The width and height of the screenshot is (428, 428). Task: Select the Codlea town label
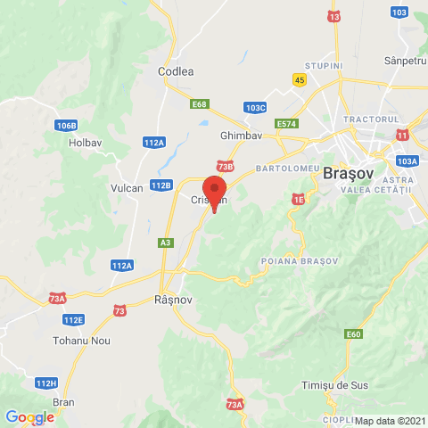[x=175, y=71]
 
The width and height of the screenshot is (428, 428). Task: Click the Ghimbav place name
[x=238, y=136]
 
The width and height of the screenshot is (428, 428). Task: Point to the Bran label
[x=63, y=402]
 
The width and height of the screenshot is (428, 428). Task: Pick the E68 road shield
[x=200, y=105]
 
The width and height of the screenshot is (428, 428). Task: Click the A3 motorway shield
[x=166, y=242]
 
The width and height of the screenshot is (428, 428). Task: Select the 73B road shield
[x=225, y=166]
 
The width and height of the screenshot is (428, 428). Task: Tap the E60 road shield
[x=355, y=334]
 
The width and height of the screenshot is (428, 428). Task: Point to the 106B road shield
[x=66, y=125]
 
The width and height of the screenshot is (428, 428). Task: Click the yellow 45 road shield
[x=299, y=79]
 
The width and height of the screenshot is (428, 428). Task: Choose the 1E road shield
[x=298, y=201]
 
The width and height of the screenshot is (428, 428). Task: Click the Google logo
[x=29, y=416]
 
